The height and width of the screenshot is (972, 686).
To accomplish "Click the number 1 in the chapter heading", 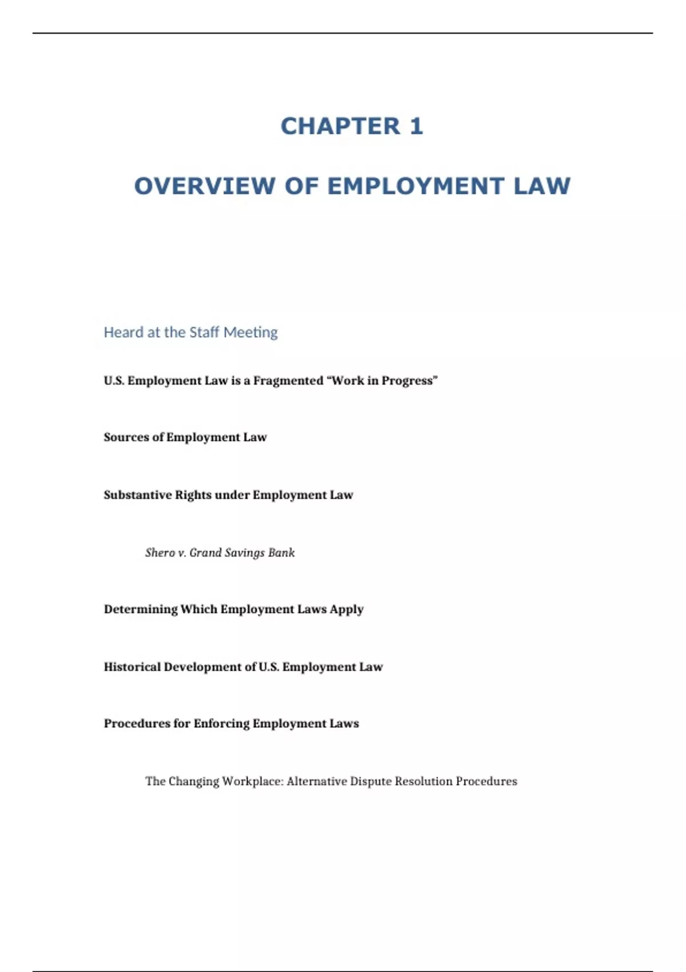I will pyautogui.click(x=416, y=126).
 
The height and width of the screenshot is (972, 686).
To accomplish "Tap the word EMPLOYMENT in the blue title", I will pyautogui.click(x=416, y=186).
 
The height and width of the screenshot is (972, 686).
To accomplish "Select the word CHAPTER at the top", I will pyautogui.click(x=341, y=126).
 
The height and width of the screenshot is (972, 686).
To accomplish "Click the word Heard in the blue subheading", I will pyautogui.click(x=123, y=332).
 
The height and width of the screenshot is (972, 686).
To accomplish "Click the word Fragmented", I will pyautogui.click(x=288, y=381).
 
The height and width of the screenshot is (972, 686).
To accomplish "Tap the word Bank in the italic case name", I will pyautogui.click(x=282, y=553).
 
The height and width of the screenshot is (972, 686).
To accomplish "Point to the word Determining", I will pyautogui.click(x=141, y=610).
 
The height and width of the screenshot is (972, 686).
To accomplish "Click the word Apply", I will pyautogui.click(x=346, y=610).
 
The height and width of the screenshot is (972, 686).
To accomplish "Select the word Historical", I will pyautogui.click(x=132, y=667).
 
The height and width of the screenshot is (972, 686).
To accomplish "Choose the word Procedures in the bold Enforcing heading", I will pyautogui.click(x=137, y=724).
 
